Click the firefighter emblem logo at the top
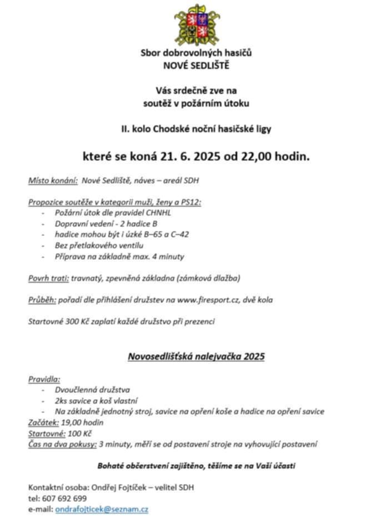tap(197, 25)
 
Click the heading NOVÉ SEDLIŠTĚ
tap(196, 65)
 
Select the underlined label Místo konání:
tap(53, 181)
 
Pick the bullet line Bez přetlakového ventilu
tap(91, 245)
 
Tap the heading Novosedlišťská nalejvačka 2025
tap(196, 356)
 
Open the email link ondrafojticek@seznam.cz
tap(102, 509)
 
